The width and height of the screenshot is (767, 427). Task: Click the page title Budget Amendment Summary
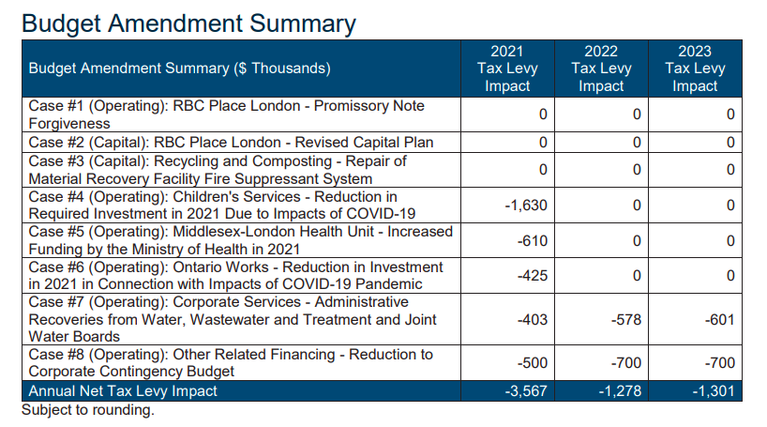pyautogui.click(x=188, y=23)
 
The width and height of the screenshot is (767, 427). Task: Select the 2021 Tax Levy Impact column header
pyautogui.click(x=506, y=69)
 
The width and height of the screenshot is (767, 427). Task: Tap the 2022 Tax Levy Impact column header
pyautogui.click(x=600, y=69)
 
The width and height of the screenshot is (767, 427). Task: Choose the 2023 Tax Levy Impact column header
pyautogui.click(x=695, y=69)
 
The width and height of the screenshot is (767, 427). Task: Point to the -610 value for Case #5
pyautogui.click(x=532, y=240)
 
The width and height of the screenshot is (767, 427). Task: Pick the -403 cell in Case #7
pyautogui.click(x=532, y=320)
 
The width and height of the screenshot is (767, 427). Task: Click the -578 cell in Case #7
pyautogui.click(x=625, y=320)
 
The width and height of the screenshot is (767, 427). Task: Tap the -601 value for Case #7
pyautogui.click(x=719, y=320)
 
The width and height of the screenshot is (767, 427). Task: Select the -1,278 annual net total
pyautogui.click(x=620, y=391)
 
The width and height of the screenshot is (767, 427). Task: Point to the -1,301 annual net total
pyautogui.click(x=714, y=391)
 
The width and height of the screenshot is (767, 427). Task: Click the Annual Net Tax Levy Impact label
pyautogui.click(x=123, y=391)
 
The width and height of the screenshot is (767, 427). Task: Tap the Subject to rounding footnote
pyautogui.click(x=87, y=410)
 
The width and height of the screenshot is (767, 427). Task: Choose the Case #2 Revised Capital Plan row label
pyautogui.click(x=231, y=142)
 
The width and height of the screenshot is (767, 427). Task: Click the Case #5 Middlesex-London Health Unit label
pyautogui.click(x=240, y=240)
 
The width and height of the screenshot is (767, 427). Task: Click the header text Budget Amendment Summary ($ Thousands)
pyautogui.click(x=180, y=69)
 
